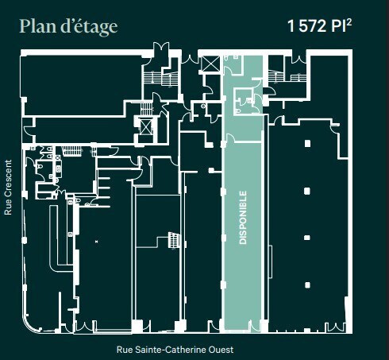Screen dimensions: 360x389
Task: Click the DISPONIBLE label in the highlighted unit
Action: [243, 217]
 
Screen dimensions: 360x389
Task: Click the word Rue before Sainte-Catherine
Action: [125, 349]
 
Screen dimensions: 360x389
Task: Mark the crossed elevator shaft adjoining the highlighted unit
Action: [211, 64]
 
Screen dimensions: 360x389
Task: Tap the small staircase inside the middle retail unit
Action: [171, 239]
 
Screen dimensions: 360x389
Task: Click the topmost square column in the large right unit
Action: [307, 144]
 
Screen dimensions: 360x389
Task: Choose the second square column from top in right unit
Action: [307, 191]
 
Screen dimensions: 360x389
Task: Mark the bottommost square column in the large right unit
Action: [307, 284]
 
